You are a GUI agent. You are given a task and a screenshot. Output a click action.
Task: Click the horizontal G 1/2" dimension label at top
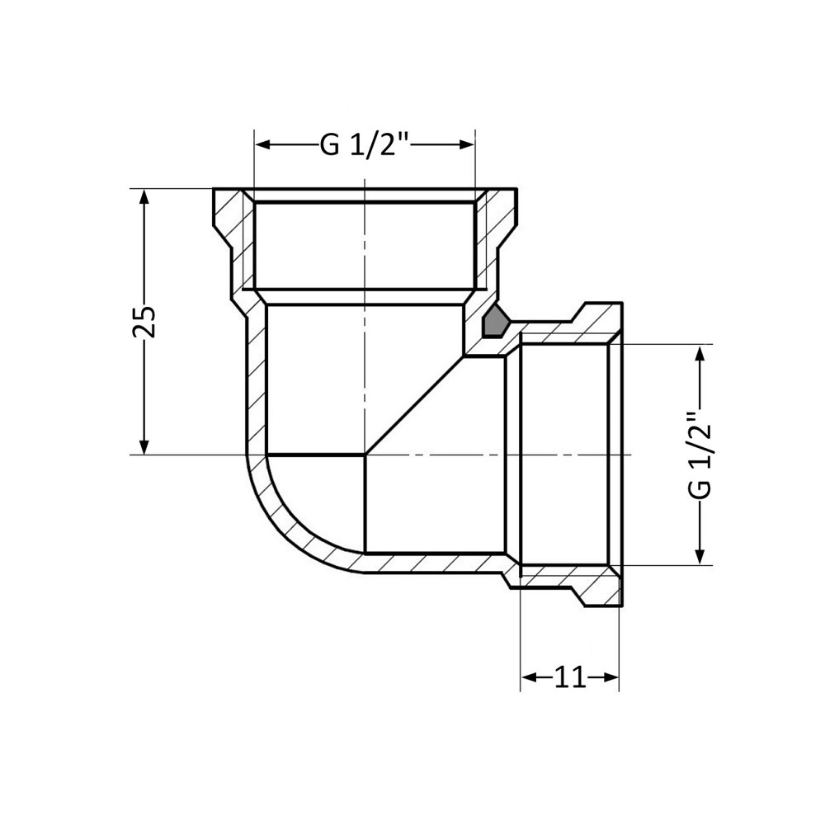click(x=365, y=145)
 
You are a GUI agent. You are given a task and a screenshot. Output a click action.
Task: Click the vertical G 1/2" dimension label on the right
click(x=700, y=455)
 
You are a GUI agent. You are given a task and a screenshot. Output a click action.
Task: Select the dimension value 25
click(x=144, y=322)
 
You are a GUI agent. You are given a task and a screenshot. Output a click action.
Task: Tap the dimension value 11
click(x=569, y=677)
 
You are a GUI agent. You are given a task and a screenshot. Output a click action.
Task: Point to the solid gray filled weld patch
click(x=493, y=322)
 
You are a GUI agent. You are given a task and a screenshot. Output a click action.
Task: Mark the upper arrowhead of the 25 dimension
click(x=144, y=198)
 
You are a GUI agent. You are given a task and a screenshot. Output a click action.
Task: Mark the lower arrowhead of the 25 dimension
click(x=144, y=445)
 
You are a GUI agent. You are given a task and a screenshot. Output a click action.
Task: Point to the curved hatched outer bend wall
click(x=285, y=528)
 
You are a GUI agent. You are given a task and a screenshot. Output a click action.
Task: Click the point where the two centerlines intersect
click(x=365, y=455)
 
